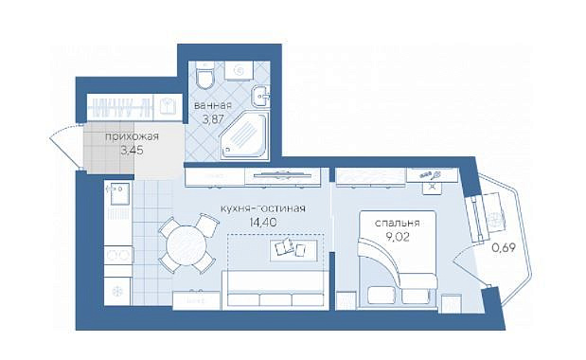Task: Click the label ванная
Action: click(213, 106)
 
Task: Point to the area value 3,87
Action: click(213, 119)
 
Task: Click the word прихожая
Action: click(132, 136)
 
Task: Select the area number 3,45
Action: click(132, 151)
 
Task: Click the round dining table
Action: click(186, 245)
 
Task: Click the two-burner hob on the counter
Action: click(117, 255)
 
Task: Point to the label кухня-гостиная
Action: click(263, 208)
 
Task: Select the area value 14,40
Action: click(263, 223)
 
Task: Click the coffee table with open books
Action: click(293, 250)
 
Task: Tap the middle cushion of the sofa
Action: click(275, 299)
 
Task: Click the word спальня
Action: click(397, 224)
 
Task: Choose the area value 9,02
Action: click(398, 237)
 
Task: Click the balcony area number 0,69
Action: click(503, 247)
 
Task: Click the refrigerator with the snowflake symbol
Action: click(117, 291)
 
